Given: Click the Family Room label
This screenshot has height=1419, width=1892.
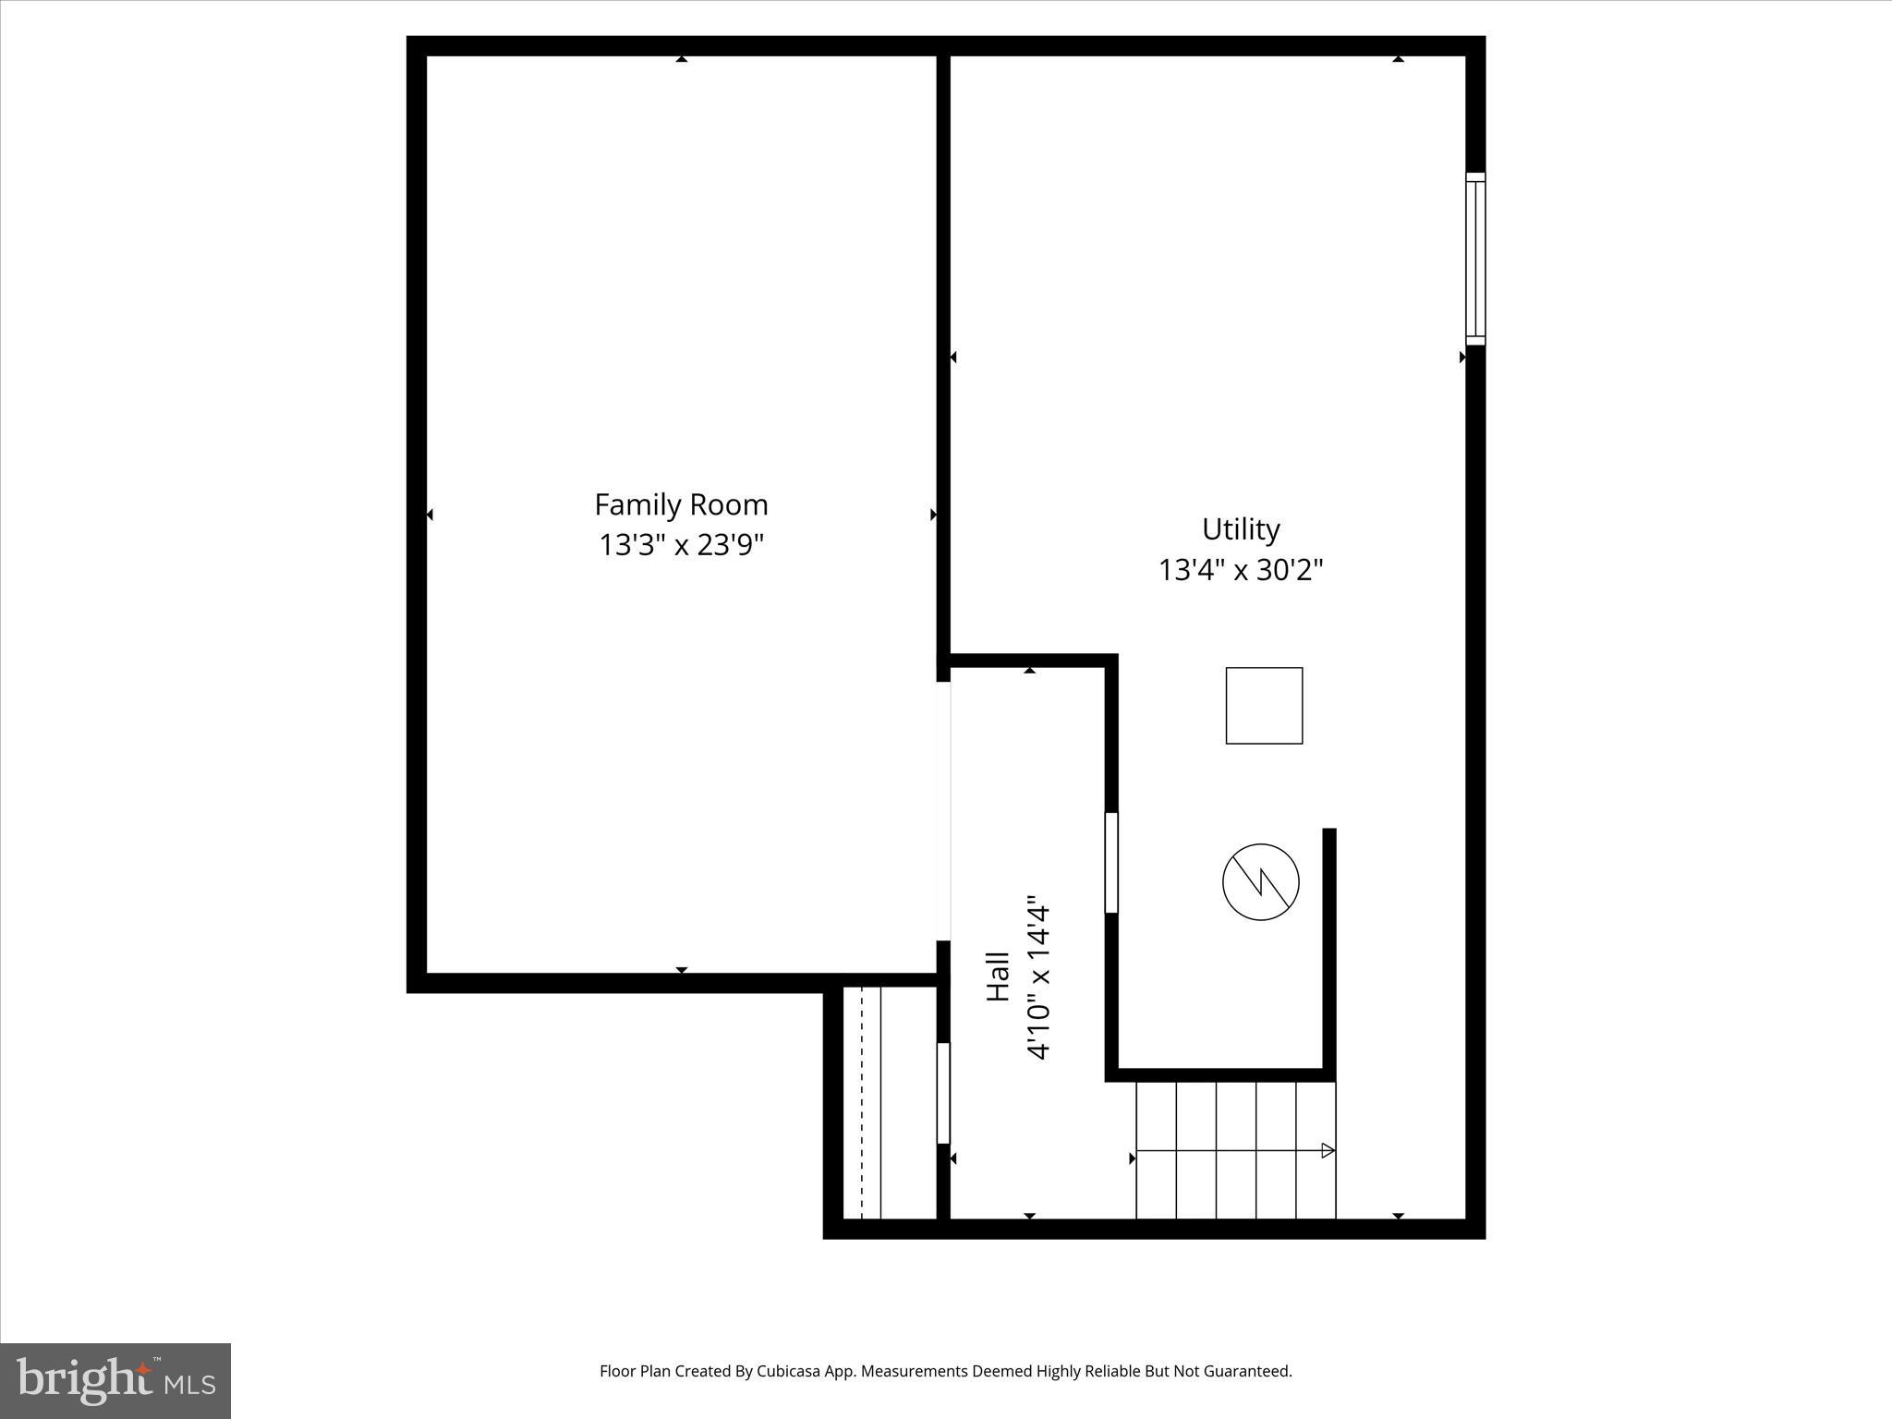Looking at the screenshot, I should coord(681,504).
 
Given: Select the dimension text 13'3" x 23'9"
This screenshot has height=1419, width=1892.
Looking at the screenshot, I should coord(681,545).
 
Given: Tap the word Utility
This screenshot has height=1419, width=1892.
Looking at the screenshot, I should coord(1240,529).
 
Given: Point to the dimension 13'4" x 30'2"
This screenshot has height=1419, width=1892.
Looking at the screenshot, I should coord(1240,570).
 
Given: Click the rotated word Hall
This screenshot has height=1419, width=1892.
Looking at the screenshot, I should coord(998,976).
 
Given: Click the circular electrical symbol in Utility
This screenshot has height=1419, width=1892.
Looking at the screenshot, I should coord(1260,881).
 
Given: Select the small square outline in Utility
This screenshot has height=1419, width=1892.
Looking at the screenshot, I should coord(1264,705).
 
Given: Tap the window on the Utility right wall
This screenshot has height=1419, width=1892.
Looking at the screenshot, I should coord(1475,259).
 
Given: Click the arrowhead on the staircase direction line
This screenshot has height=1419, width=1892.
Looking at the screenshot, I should coord(1328,1150).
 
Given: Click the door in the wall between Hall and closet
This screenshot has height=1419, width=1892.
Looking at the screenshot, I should coord(943,1093).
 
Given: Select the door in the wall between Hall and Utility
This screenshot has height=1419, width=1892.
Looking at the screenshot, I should coord(1111,862).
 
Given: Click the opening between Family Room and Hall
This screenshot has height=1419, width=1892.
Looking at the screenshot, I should coord(943,810).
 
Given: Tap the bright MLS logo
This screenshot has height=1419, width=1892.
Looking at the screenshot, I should coord(115,1381).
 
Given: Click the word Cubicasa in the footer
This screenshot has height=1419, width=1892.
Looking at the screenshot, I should coord(789,1371).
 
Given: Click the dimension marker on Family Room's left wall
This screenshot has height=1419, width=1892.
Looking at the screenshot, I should coord(430,514).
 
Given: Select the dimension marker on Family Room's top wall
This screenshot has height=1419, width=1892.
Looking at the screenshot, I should coord(681,59).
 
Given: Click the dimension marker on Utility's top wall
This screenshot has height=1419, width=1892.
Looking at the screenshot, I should coord(1398,59).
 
